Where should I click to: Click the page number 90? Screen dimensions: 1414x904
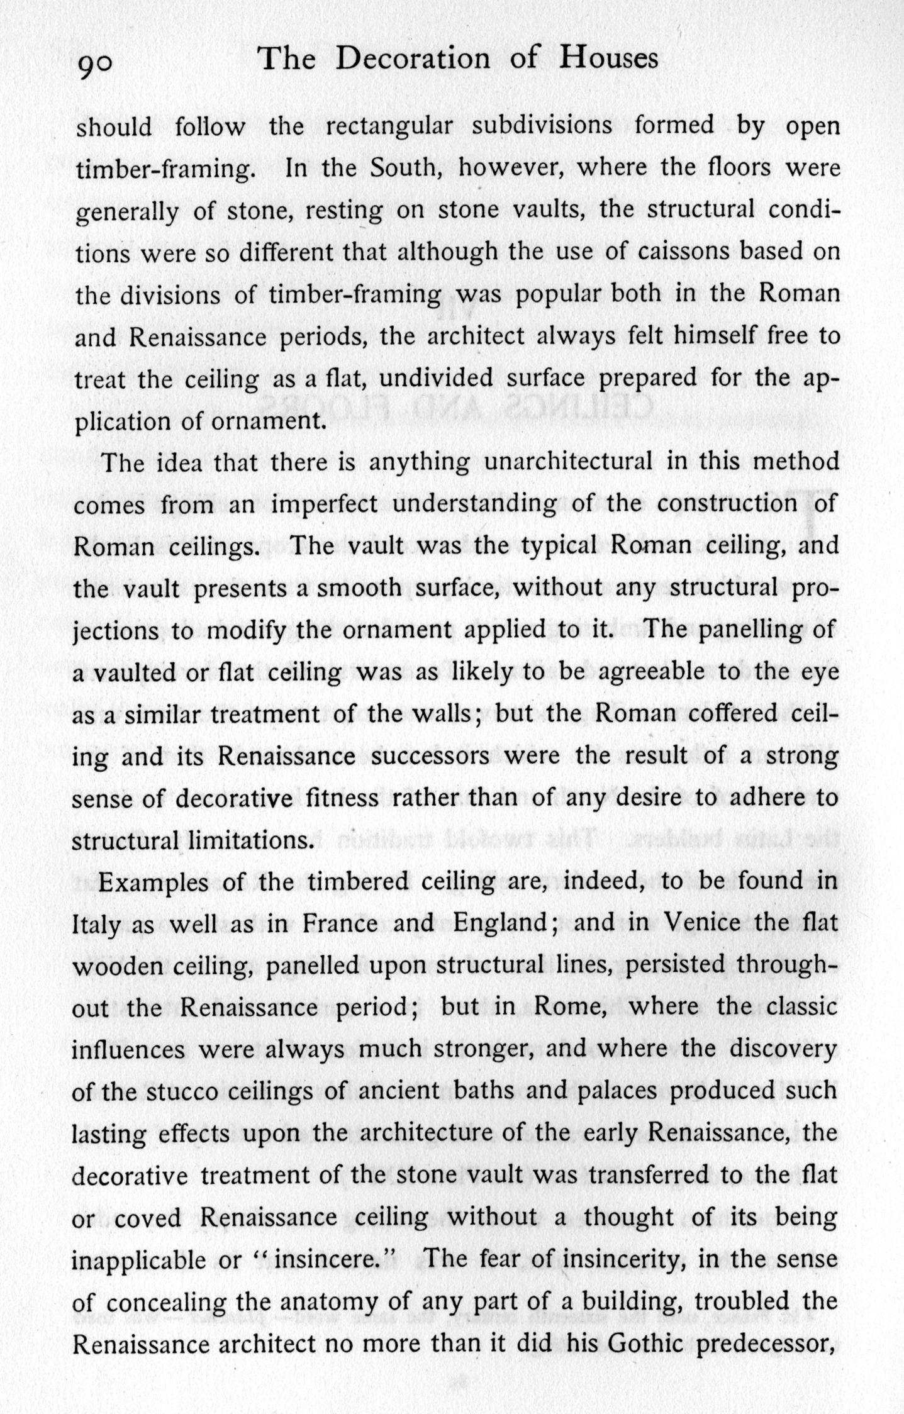point(94,64)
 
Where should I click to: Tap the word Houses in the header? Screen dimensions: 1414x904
point(609,58)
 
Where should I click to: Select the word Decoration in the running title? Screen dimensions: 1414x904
point(412,58)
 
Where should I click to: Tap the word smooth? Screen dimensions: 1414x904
point(359,588)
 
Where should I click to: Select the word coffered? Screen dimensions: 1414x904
point(734,714)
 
